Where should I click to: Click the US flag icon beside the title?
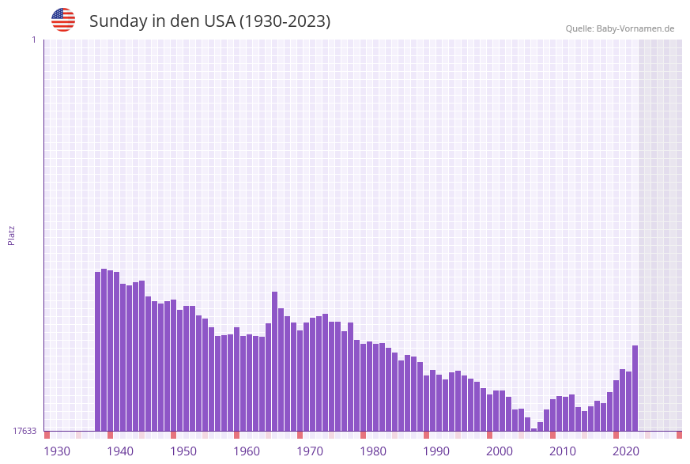coord(63,20)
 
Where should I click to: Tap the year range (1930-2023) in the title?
coord(285,21)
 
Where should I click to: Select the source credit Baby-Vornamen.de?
coord(620,28)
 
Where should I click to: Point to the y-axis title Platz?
coord(12,235)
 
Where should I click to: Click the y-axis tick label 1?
coord(33,40)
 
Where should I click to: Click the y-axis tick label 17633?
coord(25,431)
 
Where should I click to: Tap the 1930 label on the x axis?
coord(57,451)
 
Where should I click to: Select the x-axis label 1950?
coord(183,451)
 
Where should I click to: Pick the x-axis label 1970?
coord(310,451)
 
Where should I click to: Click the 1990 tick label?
coord(436,451)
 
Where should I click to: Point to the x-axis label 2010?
coord(563,451)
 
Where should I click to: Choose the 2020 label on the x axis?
coord(626,451)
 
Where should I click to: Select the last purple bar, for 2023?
coord(635,388)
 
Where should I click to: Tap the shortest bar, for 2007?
coord(534,429)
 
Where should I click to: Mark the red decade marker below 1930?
coord(47,435)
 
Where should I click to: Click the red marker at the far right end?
coord(679,435)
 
